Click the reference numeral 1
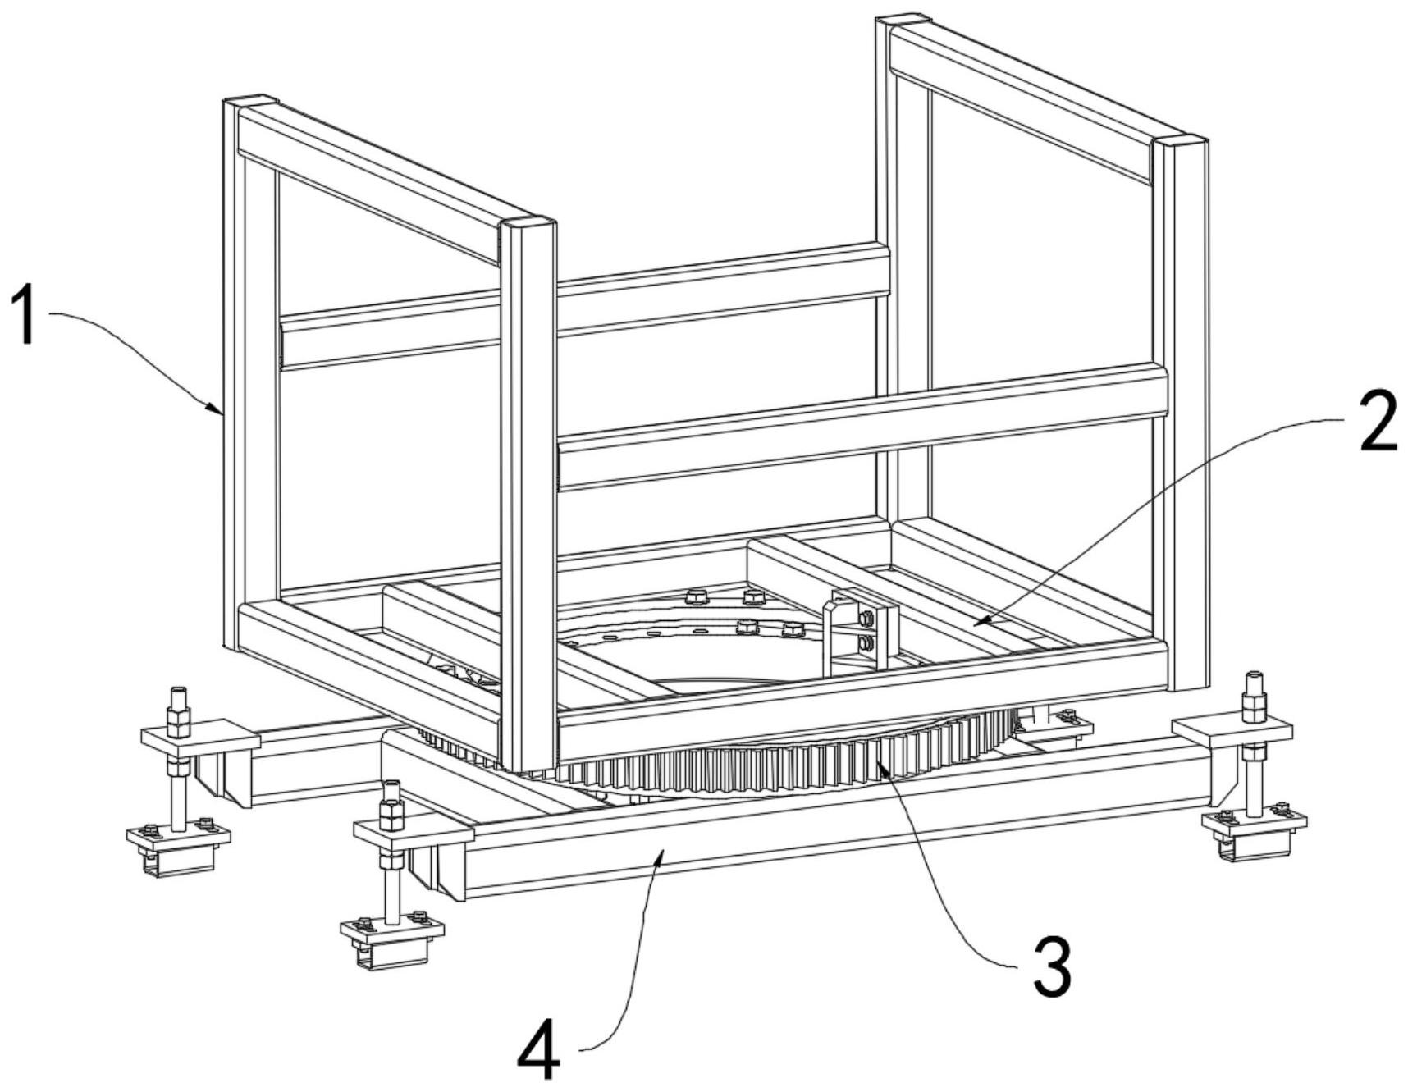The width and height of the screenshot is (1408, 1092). [26, 315]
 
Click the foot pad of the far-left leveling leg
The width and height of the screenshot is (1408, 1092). [178, 845]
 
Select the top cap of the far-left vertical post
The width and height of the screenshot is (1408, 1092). [250, 103]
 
